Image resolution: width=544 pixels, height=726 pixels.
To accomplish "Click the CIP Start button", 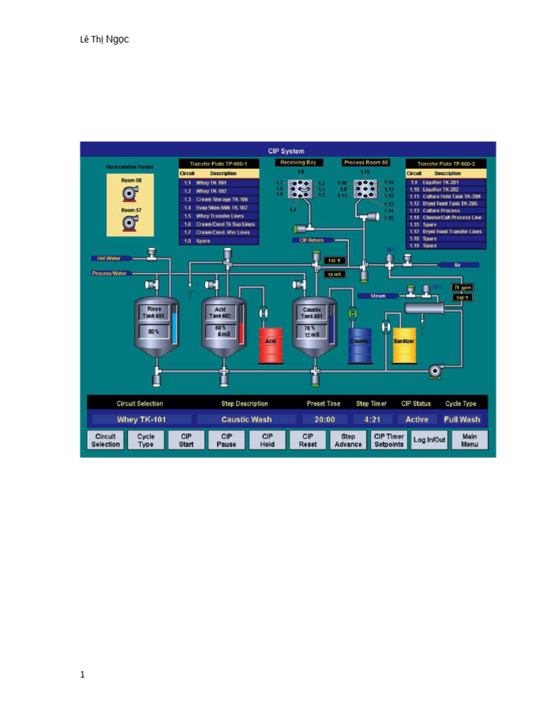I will [186, 440].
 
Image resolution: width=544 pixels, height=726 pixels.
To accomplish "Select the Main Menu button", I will [470, 440].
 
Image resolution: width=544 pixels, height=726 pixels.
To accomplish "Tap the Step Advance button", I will [348, 440].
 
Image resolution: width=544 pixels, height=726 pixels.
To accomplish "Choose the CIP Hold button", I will [267, 440].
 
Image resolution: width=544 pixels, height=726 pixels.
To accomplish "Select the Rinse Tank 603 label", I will [154, 313].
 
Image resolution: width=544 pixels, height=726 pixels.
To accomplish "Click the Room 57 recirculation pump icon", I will [130, 223].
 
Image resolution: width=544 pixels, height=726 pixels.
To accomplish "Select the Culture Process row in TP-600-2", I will [446, 211].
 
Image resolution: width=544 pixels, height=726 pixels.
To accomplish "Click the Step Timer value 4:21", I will [373, 419].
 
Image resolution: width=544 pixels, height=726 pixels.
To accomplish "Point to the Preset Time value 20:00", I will [324, 419].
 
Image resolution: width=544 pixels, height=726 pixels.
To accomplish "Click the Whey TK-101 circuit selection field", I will [142, 419].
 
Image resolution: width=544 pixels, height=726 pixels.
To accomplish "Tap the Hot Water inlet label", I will [107, 258].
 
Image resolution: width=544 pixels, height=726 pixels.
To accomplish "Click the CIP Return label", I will [307, 240].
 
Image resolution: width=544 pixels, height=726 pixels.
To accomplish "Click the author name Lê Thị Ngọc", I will [104, 40].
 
